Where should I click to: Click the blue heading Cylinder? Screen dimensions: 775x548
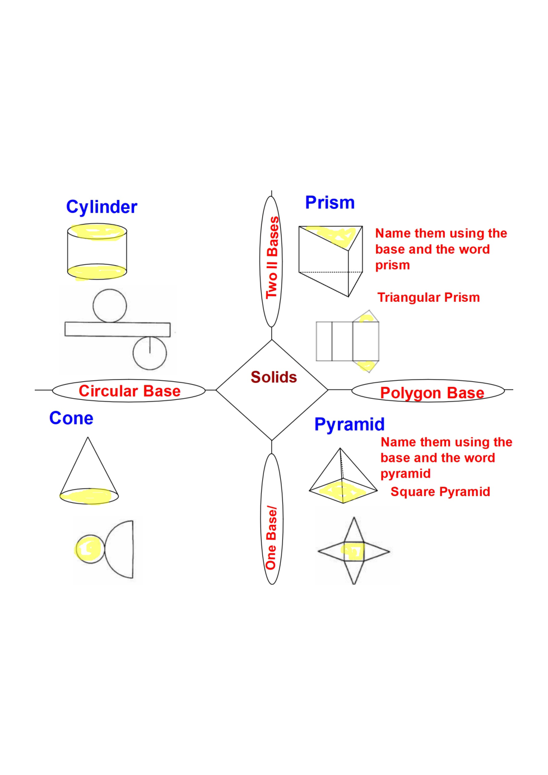coord(101,207)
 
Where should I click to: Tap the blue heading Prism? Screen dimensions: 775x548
coord(329,203)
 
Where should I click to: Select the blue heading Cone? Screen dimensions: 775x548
coord(71,418)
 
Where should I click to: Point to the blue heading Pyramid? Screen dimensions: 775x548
coord(349,424)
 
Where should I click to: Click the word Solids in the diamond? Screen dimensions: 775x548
coord(273,377)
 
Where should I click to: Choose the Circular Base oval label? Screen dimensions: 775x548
coord(129,391)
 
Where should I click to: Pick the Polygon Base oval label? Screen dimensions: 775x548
coord(431,393)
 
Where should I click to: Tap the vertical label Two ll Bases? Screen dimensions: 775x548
coord(272,258)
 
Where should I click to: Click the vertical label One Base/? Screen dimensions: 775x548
coord(271,538)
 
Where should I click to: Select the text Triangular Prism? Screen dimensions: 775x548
coord(428,297)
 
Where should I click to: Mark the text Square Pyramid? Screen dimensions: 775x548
coord(440,492)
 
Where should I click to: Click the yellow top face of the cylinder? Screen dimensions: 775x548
coord(97,231)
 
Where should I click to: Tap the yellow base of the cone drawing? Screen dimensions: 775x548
coord(89,496)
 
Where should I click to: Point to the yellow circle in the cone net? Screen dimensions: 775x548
coord(90,549)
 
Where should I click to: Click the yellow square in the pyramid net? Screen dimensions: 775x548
coord(354,551)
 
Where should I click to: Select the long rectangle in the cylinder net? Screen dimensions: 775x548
coord(117,329)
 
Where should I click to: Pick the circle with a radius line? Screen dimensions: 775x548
coord(150,353)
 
